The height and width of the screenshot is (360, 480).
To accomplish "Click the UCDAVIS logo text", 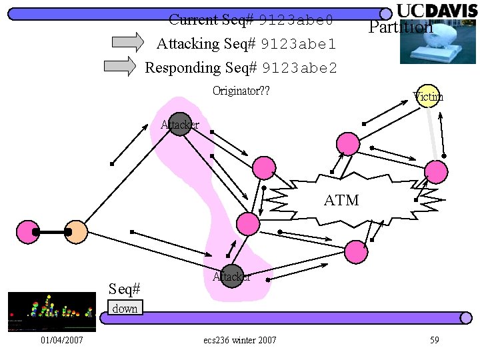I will (x=437, y=11).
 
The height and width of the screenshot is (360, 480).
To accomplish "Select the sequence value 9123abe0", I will (x=295, y=20).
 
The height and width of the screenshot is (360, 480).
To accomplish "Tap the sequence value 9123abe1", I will (x=299, y=45).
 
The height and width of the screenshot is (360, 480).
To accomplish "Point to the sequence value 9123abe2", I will (x=300, y=68).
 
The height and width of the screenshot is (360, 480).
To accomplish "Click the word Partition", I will (x=401, y=27).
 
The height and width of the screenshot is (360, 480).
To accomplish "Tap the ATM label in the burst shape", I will (x=341, y=200).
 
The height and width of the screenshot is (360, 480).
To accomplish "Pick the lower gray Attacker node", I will (x=231, y=275).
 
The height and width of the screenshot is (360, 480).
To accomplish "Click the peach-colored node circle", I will (x=77, y=232).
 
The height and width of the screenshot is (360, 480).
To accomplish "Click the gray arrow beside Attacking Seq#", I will (x=127, y=43).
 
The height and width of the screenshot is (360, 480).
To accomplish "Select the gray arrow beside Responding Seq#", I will (x=121, y=66).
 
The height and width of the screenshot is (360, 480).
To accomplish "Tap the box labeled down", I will (x=125, y=309).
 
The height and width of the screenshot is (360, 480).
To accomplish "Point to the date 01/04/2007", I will (x=61, y=341).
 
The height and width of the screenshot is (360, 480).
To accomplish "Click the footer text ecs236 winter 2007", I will (x=240, y=341).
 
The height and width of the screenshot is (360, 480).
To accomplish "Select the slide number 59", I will (x=434, y=341).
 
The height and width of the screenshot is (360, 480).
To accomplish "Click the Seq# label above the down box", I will (x=125, y=289).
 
